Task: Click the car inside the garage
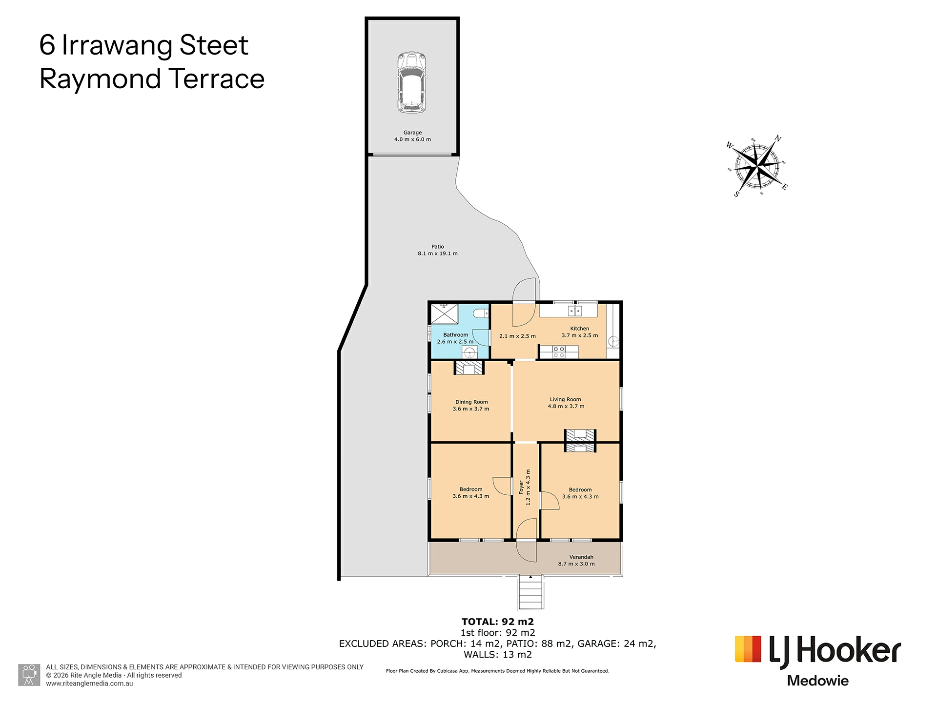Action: click(411, 82)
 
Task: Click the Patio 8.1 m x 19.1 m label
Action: click(438, 250)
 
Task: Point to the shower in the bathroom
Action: click(445, 313)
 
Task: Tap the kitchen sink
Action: click(575, 311)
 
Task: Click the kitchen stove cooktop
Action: click(559, 352)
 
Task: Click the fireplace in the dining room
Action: click(469, 368)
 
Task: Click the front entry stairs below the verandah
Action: click(531, 592)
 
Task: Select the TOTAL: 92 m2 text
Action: click(498, 622)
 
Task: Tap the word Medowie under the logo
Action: click(818, 681)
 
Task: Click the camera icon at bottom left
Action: click(29, 675)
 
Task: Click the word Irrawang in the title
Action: click(118, 45)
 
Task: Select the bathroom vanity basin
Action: click(469, 352)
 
